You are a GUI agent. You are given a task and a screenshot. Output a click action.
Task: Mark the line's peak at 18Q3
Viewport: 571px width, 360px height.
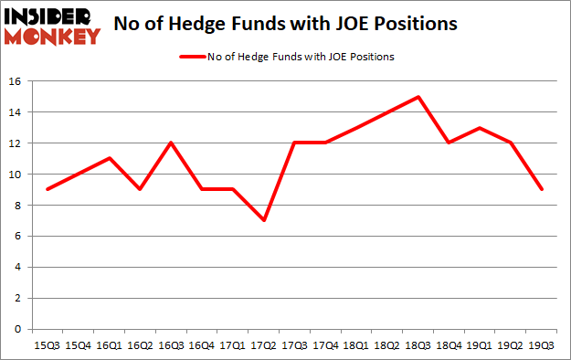418,97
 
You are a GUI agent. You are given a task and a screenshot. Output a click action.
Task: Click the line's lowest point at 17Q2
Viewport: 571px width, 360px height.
263,220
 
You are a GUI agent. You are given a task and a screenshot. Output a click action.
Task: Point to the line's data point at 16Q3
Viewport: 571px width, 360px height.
171,143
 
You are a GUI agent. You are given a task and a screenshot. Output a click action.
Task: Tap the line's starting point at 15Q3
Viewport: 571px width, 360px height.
48,189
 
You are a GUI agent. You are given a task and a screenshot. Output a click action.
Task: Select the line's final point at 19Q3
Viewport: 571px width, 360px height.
541,189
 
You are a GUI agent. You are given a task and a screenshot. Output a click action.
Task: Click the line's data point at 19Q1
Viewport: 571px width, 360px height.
480,128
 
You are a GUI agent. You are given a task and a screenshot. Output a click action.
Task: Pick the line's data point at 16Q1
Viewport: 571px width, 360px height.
109,158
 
